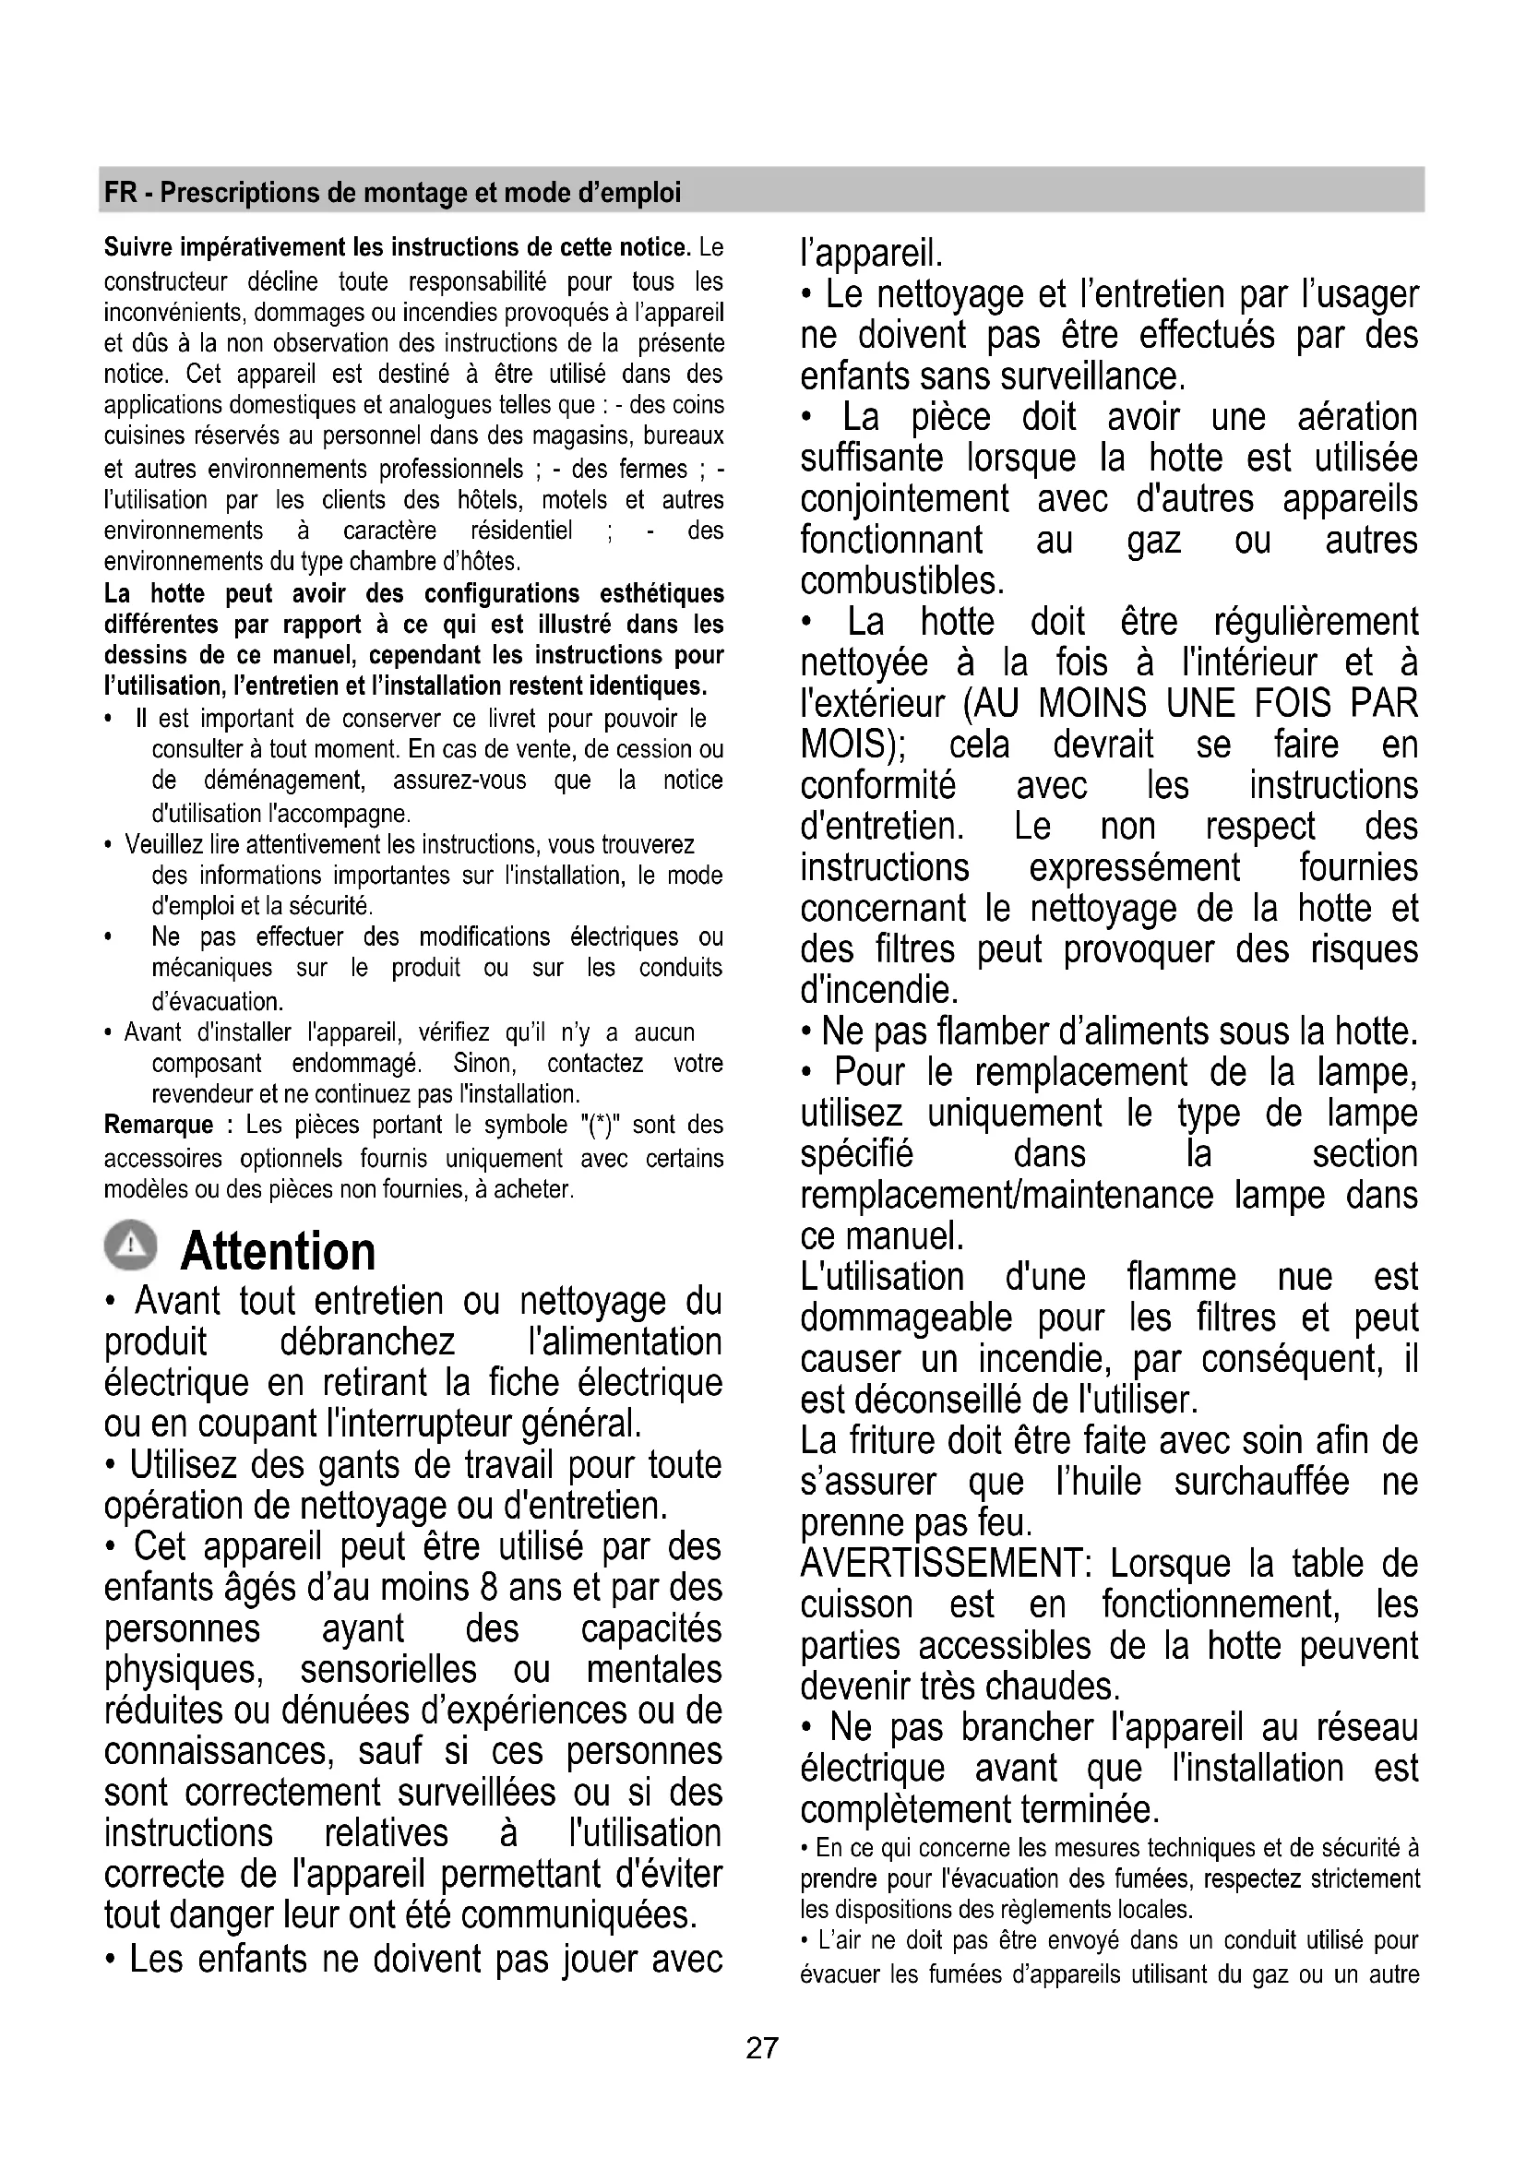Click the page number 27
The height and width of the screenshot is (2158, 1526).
(x=762, y=2047)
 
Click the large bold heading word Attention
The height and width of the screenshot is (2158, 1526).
(x=278, y=1251)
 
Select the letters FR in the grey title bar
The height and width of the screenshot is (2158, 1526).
(x=119, y=193)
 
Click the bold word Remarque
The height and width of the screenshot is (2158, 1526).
(x=159, y=1125)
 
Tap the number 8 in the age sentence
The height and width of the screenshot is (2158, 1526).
(x=488, y=1588)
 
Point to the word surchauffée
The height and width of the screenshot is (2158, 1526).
(x=1261, y=1483)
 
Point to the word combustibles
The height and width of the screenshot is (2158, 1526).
(x=902, y=581)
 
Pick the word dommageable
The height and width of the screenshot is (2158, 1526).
(x=907, y=1318)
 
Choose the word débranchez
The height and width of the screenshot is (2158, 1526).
(x=367, y=1342)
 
